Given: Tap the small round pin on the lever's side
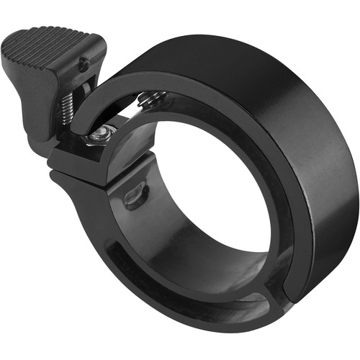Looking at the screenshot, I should [x=85, y=63].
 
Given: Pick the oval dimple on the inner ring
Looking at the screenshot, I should [x=135, y=194].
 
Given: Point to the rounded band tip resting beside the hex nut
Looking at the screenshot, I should [x=81, y=130].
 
